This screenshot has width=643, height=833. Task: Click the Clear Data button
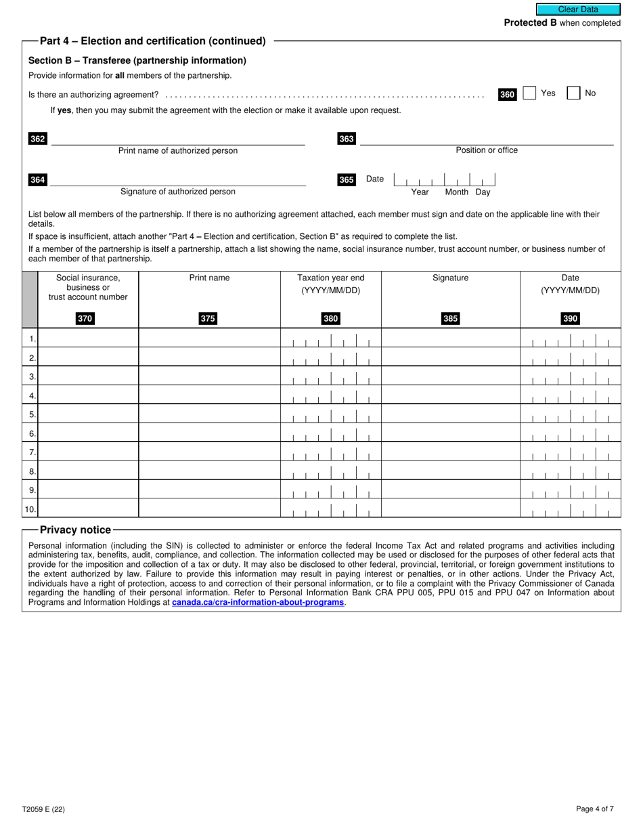(578, 9)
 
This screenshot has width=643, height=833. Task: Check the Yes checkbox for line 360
(529, 93)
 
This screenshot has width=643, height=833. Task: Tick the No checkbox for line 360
(573, 93)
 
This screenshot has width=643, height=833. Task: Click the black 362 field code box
(38, 139)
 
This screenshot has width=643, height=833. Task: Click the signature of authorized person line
(178, 179)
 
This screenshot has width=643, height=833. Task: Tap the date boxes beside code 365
(445, 180)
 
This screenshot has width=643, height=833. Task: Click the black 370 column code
(85, 319)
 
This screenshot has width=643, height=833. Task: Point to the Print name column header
(209, 278)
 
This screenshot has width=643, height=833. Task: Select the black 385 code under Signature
(450, 319)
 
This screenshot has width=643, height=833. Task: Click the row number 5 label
(32, 414)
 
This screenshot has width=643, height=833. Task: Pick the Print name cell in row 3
(209, 376)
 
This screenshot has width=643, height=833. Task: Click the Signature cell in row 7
(450, 452)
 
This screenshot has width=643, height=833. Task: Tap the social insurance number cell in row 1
(88, 338)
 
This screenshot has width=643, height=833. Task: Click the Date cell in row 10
(570, 509)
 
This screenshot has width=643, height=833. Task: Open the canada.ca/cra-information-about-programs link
(258, 602)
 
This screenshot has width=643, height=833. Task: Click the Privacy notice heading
(75, 530)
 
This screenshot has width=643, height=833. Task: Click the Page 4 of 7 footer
(595, 809)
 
